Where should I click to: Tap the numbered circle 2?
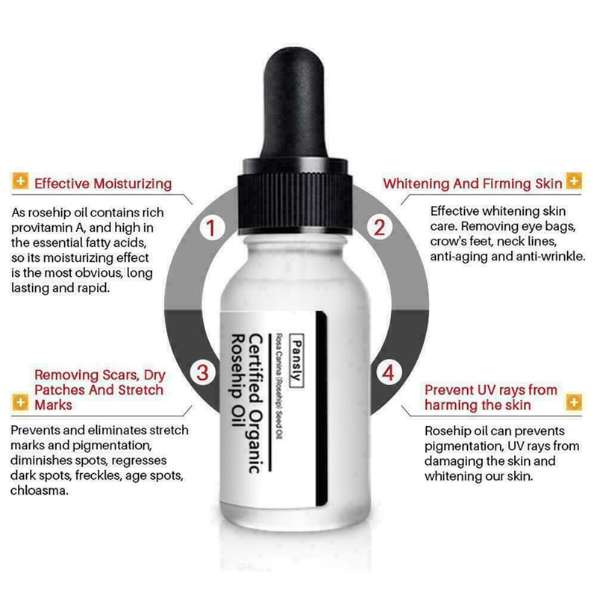(379, 227)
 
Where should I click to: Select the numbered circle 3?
(202, 371)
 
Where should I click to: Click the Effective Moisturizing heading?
(103, 183)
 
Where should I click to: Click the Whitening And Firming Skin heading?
(472, 183)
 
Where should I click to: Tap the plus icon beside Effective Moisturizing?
(21, 182)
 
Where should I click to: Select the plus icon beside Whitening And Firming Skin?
(573, 182)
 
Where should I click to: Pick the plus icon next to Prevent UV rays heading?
(573, 403)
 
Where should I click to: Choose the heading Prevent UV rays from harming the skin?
(490, 397)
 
